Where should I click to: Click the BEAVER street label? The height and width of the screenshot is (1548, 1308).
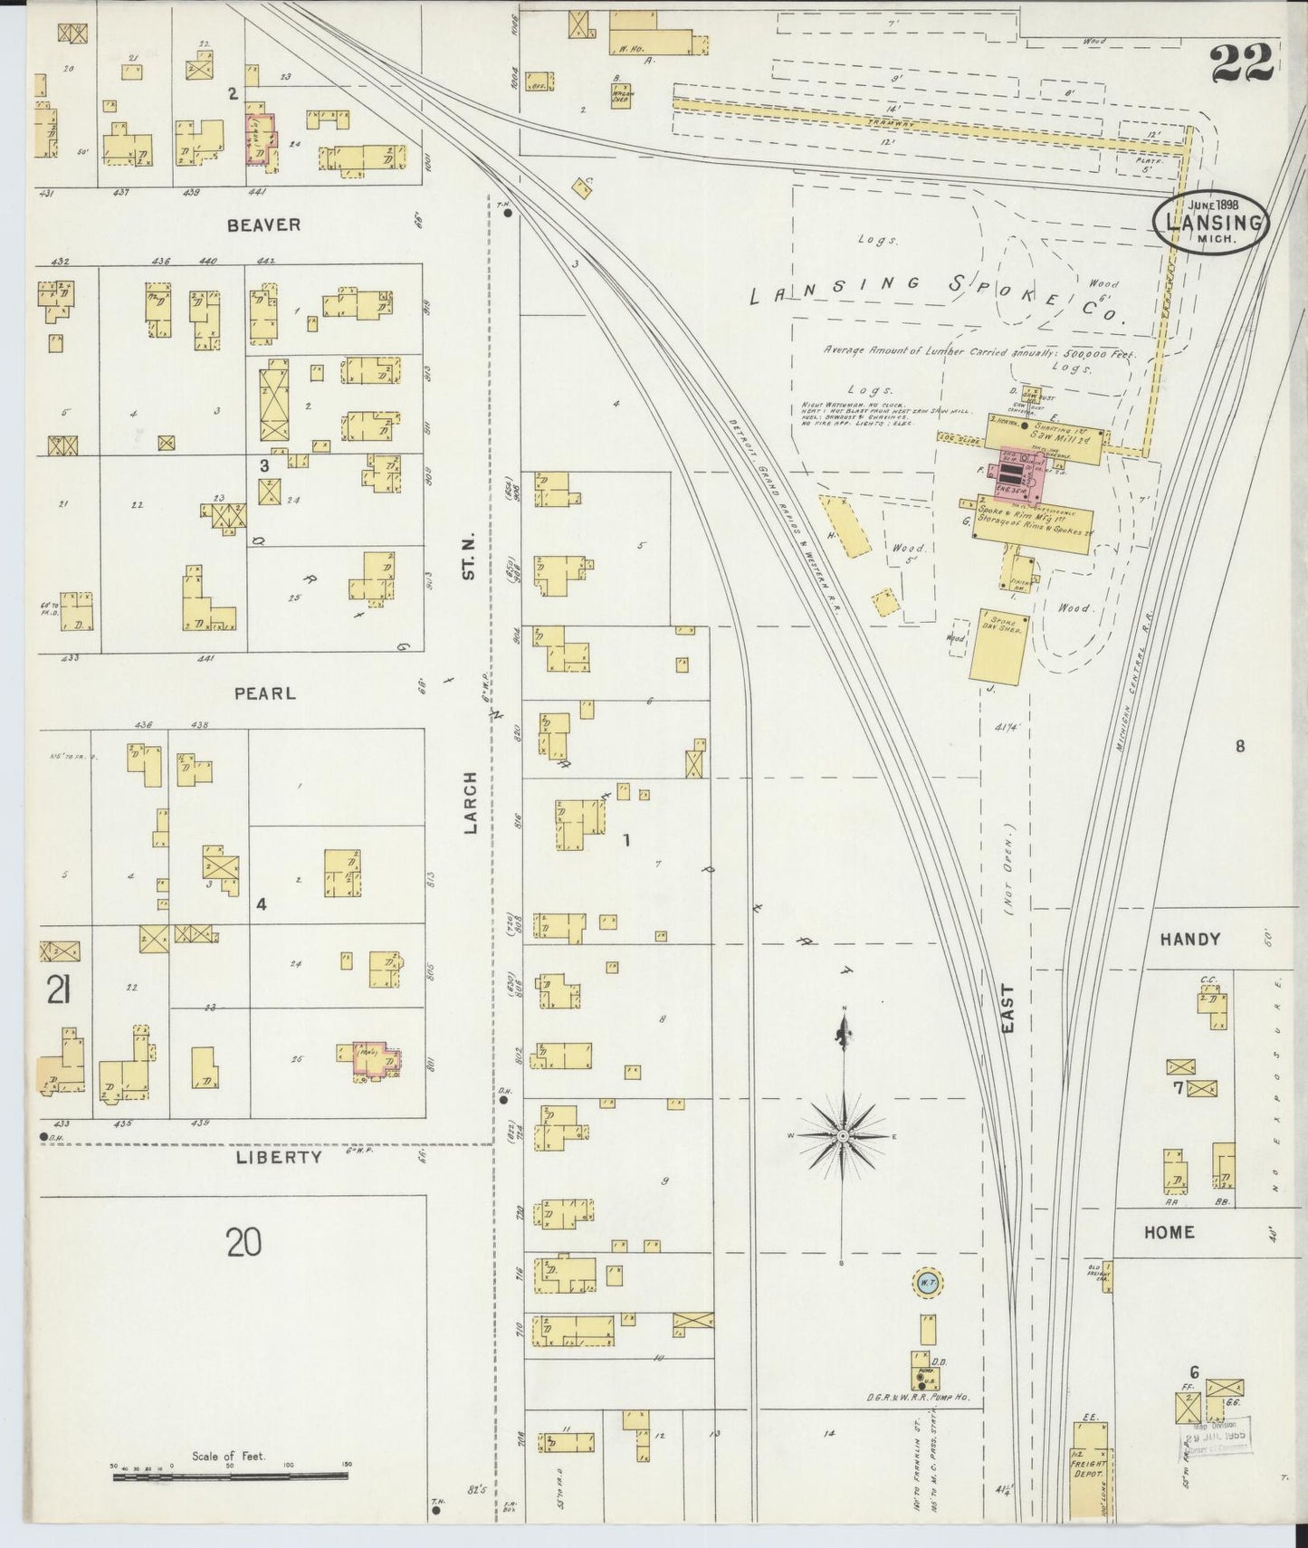coord(263,225)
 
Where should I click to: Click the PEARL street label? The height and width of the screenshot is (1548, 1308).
coord(264,693)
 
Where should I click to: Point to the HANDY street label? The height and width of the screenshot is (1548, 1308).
coord(1189,940)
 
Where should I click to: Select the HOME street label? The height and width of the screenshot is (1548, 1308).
coord(1169,1232)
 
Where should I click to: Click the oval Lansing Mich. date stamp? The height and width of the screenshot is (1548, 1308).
coord(1211,222)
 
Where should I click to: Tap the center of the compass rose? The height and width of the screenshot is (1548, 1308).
coord(843,1134)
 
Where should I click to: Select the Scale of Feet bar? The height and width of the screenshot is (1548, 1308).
coord(230,1476)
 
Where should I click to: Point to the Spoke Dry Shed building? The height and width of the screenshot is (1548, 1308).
coord(997,650)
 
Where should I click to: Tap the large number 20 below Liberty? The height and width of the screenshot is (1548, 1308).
coord(244,1242)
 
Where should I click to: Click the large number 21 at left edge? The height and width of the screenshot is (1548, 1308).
coord(59,994)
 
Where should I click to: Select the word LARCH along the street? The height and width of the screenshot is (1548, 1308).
coord(470,802)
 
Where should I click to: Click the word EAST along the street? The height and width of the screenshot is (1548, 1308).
coord(1008,1008)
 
